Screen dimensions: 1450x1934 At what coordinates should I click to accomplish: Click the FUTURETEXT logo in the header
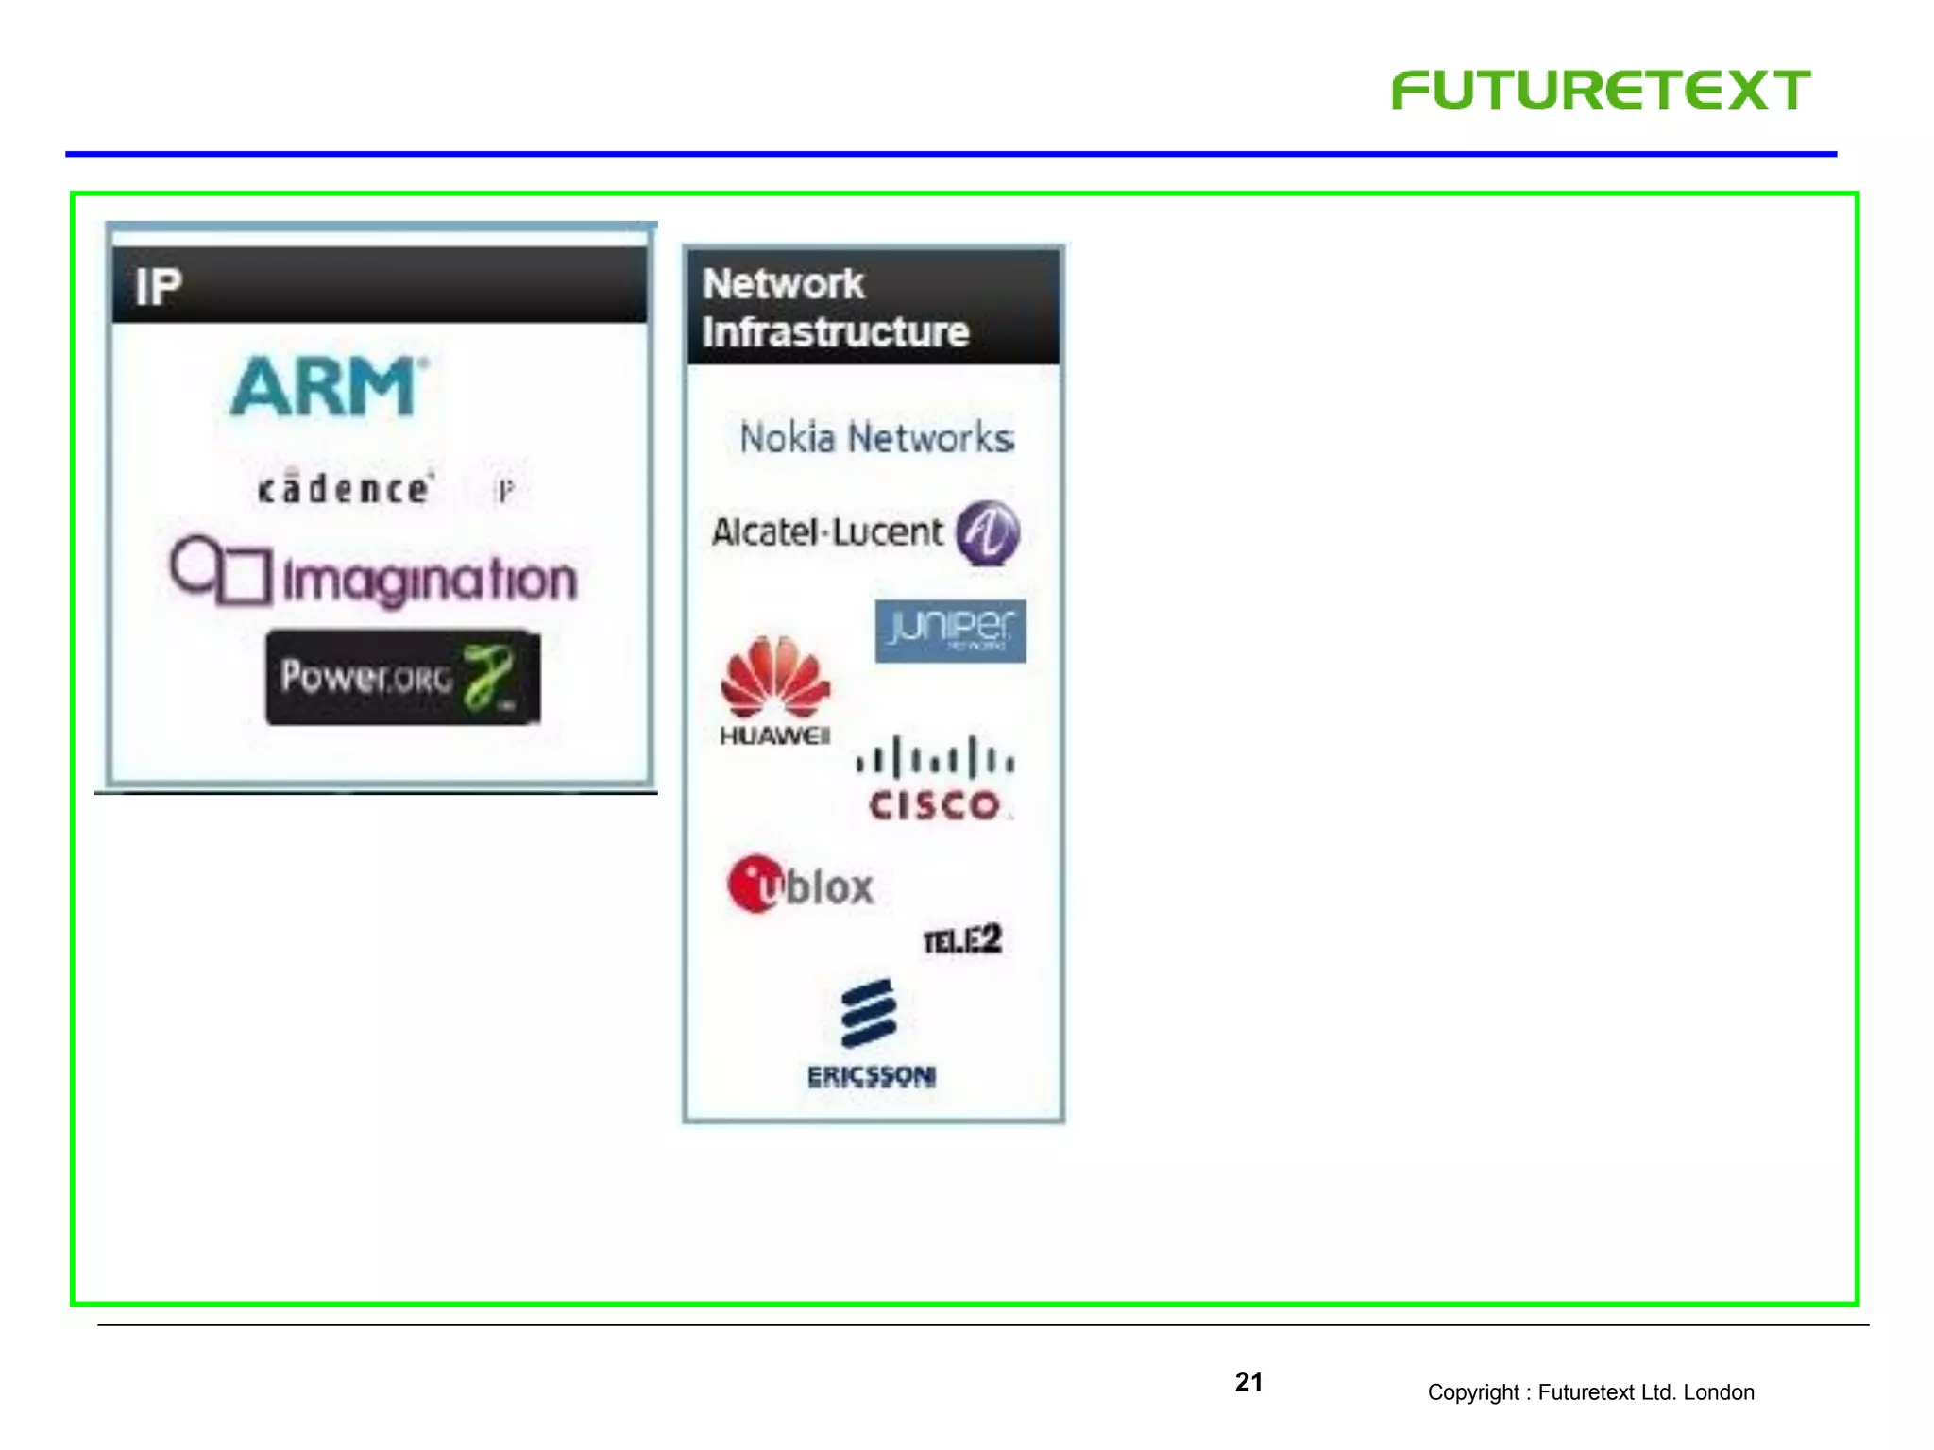coord(1601,91)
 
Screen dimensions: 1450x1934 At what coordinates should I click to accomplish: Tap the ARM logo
coord(327,386)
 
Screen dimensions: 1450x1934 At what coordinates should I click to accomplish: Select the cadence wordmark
coord(345,488)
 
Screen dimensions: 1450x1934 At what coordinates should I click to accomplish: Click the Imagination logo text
coord(430,579)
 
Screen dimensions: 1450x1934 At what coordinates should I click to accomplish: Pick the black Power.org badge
coord(402,678)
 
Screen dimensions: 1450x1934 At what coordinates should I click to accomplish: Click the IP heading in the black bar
coord(158,287)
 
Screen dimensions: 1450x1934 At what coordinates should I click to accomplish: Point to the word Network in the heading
coord(783,284)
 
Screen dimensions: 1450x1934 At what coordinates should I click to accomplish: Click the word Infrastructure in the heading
coord(836,332)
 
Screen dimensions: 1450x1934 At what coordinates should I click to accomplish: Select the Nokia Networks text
coord(876,438)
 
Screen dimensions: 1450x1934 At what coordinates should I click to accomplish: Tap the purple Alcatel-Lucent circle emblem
coord(988,532)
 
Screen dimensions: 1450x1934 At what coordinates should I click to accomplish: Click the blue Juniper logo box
coord(950,631)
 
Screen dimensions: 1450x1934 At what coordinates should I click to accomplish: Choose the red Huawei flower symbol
coord(775,677)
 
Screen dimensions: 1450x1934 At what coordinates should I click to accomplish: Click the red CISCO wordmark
coord(935,805)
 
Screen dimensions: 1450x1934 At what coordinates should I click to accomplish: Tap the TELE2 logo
coord(961,940)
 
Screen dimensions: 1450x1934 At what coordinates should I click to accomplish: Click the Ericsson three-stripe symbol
coord(869,1014)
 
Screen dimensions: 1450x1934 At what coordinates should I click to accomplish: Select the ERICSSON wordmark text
coord(871,1076)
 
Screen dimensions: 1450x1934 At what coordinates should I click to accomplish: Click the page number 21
coord(1248,1382)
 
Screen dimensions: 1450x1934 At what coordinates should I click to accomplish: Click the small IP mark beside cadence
coord(506,490)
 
